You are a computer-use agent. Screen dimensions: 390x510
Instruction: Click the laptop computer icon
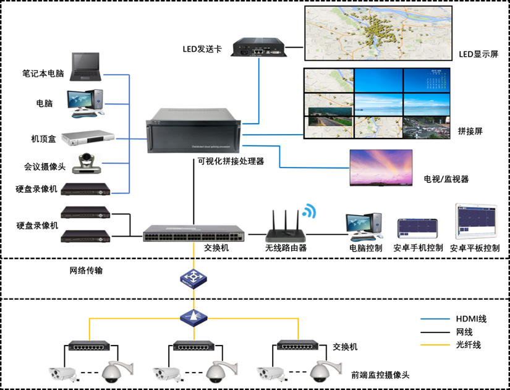pos(85,67)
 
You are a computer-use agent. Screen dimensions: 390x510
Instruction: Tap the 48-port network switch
pos(193,232)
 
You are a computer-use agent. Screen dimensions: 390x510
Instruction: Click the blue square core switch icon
pos(193,279)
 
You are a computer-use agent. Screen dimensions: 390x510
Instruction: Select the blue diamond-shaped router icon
pos(193,318)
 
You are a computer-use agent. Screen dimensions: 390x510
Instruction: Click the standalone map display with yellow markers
pos(378,33)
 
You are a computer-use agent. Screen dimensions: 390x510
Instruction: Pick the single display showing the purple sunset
pos(381,167)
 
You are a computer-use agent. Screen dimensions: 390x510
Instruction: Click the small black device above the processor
pos(260,48)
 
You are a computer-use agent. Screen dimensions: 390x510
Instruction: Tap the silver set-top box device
pos(88,138)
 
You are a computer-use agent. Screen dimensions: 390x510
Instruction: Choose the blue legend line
pos(435,319)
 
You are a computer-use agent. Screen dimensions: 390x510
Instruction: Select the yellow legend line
pos(435,344)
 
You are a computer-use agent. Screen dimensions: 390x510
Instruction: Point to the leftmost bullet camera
pos(63,373)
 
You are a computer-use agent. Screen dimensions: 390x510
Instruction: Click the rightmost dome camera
pos(323,371)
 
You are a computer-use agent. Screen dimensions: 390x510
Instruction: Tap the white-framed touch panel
pos(476,221)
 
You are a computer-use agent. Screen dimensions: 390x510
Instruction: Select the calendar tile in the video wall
pos(427,81)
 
